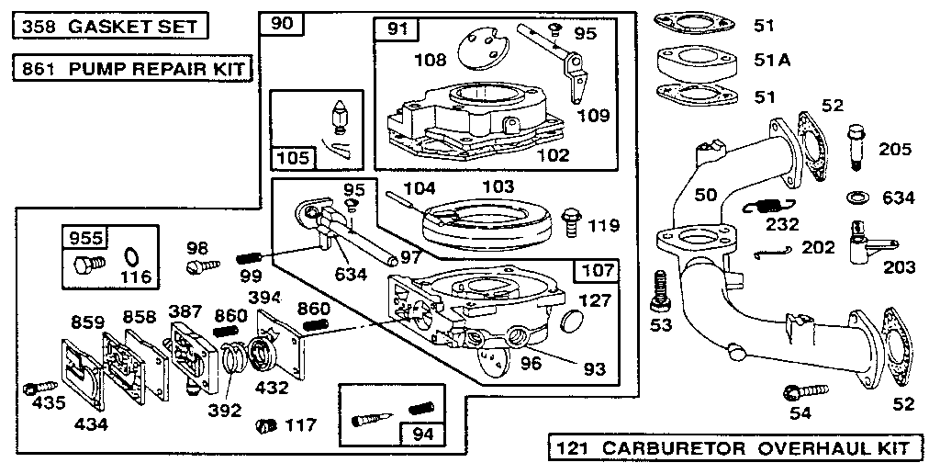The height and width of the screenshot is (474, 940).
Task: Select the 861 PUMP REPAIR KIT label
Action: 133,68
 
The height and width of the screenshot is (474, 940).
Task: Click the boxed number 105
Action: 293,158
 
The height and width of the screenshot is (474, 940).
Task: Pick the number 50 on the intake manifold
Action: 706,194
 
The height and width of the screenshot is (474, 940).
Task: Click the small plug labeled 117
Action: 266,426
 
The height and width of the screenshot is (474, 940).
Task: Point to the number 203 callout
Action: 899,267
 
